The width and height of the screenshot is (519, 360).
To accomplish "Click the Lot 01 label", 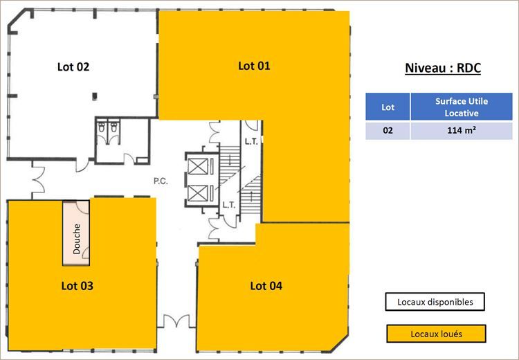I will [x=254, y=66].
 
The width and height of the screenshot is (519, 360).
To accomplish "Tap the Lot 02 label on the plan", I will [x=73, y=67].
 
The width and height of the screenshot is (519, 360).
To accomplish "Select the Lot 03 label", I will [x=78, y=285].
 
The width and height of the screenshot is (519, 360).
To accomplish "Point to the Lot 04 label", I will [x=266, y=285].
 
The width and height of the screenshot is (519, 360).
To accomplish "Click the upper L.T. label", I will [x=251, y=142].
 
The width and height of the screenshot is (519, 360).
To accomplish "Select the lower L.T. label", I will [x=229, y=205].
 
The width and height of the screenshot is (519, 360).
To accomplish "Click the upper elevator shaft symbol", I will [x=198, y=166].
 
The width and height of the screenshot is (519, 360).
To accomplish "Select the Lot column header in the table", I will [x=388, y=107].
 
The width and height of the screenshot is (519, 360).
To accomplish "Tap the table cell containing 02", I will [x=388, y=131].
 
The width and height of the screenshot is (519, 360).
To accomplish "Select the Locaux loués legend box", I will [x=435, y=334].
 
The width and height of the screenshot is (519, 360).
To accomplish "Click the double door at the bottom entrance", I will [x=174, y=321].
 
